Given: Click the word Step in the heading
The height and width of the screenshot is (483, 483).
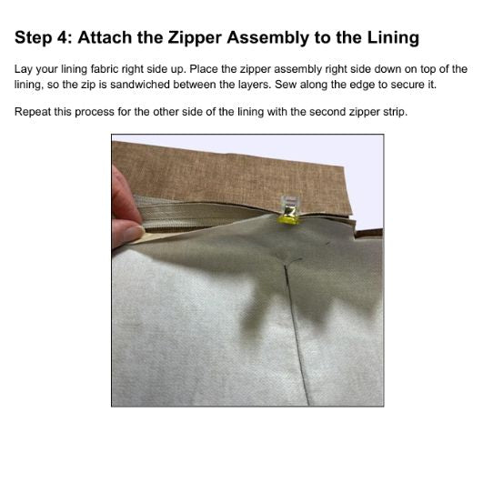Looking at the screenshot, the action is click(34, 38).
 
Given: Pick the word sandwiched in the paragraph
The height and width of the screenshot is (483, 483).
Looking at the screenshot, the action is click(139, 84).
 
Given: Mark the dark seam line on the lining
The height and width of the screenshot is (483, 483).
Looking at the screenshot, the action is click(297, 334).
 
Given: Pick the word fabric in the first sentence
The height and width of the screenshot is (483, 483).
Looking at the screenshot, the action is click(105, 69).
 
